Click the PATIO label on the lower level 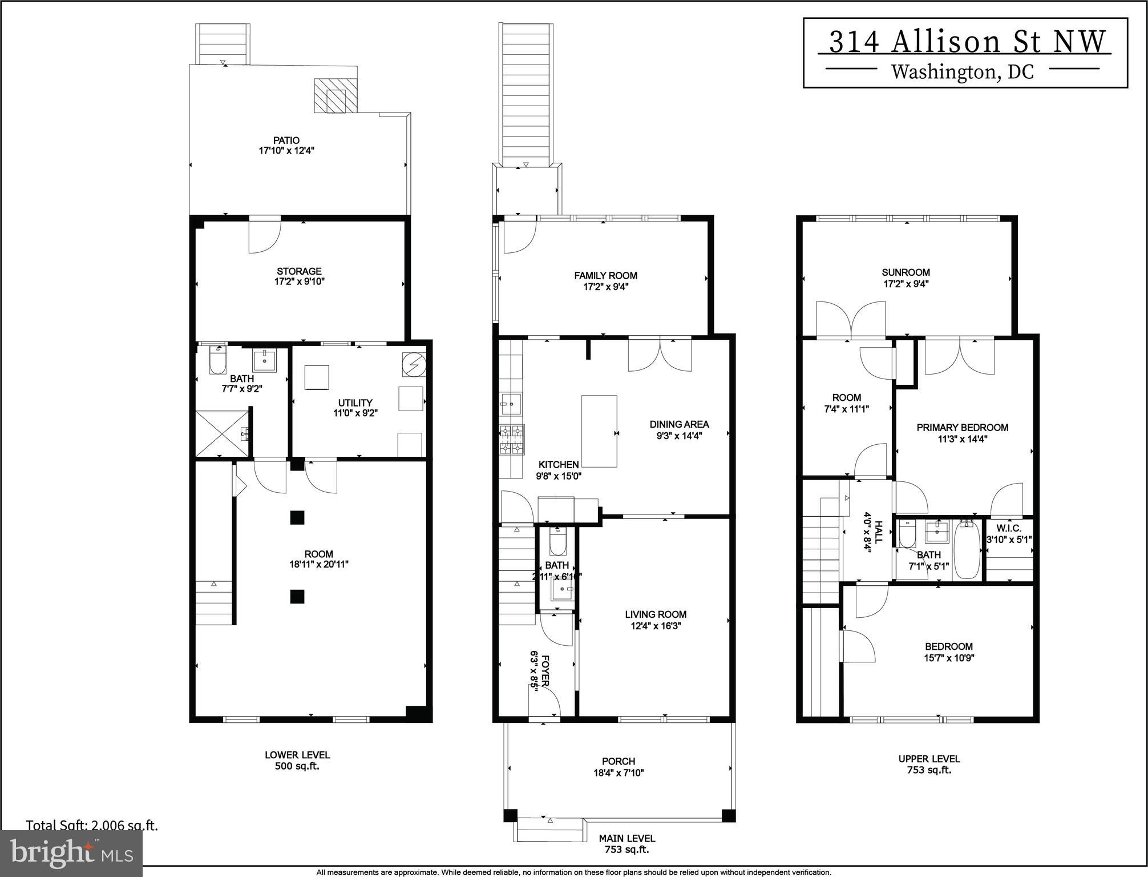click(286, 140)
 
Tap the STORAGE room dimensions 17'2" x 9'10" click(299, 281)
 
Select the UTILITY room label click(355, 403)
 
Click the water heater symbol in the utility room click(414, 364)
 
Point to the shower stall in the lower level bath click(221, 433)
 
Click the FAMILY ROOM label click(605, 275)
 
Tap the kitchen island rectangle click(599, 431)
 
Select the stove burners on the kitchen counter click(512, 440)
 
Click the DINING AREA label click(679, 424)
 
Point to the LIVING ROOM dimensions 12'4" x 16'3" click(655, 625)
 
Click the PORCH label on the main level click(619, 761)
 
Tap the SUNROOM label click(906, 272)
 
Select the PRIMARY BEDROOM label click(962, 427)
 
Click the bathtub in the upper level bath click(967, 549)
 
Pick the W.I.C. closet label click(1008, 528)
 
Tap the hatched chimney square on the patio click(335, 95)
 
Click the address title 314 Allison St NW click(966, 42)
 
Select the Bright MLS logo click(71, 853)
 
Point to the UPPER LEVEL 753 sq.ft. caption click(929, 764)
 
